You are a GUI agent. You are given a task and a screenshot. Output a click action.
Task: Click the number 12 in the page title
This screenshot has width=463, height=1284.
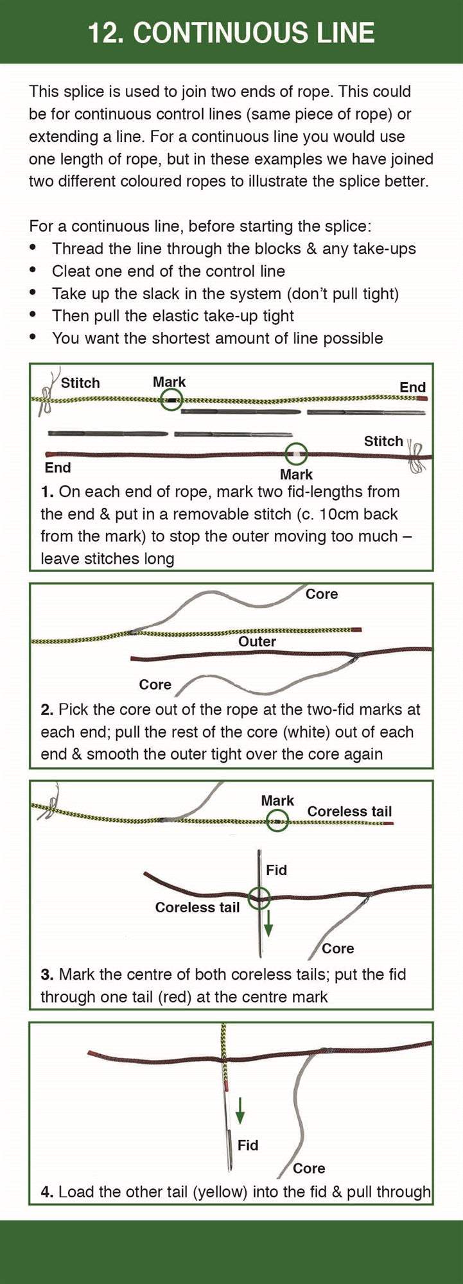point(103,33)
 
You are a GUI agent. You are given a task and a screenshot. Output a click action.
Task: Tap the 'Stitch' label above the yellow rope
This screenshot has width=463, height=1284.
point(80,383)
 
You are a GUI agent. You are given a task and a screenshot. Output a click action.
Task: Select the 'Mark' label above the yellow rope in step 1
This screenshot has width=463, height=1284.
point(170,382)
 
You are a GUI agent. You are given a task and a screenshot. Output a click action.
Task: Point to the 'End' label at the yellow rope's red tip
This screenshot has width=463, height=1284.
point(412,387)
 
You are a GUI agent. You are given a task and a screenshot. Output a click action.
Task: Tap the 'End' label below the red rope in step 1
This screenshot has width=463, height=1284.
point(58,467)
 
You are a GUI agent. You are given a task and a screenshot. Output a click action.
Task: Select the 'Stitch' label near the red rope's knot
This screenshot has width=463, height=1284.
point(383,441)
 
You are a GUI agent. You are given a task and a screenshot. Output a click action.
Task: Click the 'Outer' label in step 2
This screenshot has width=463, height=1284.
point(257,641)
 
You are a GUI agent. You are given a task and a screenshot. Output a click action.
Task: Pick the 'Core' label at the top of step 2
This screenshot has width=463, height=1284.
point(322,594)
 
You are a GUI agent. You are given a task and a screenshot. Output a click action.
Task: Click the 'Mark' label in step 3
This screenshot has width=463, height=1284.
point(277,801)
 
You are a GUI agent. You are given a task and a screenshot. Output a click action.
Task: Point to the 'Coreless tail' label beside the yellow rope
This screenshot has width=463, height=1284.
point(349,811)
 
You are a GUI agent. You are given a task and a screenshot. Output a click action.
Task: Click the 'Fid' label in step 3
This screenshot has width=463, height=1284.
point(276,870)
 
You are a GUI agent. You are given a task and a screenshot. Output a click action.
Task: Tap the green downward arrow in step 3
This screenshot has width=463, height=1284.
point(268,922)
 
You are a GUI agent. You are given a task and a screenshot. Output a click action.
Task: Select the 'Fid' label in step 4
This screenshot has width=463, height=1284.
point(248,1145)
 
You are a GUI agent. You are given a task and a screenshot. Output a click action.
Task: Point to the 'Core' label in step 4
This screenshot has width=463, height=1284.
point(309,1168)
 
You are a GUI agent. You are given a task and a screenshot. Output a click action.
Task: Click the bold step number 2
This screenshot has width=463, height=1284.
point(47,709)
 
